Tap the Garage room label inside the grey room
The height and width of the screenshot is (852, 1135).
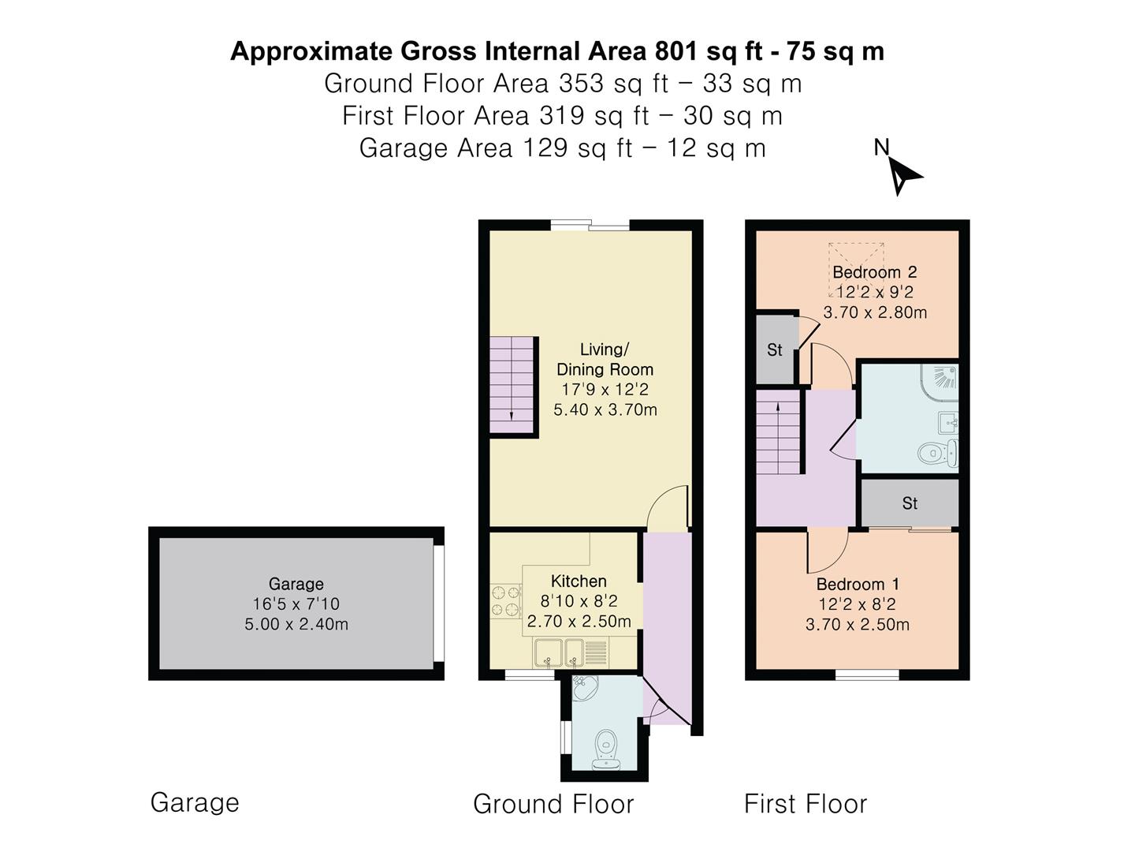[296, 584]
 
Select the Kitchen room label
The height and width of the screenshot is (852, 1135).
[579, 581]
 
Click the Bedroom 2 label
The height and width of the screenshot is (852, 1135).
[874, 272]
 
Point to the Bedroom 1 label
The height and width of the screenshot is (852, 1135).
[858, 585]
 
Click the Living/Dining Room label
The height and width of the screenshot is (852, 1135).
[605, 359]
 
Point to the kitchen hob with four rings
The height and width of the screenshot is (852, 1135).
[505, 600]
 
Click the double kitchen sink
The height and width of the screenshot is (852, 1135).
[560, 652]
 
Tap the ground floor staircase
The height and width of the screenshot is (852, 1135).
[512, 386]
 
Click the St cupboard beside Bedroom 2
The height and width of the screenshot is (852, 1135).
[775, 349]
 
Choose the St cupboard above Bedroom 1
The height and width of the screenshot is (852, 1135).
[910, 503]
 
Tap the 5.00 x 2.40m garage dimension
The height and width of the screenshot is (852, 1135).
[296, 625]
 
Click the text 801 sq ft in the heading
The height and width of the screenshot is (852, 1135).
[709, 51]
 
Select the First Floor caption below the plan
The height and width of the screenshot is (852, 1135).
[805, 804]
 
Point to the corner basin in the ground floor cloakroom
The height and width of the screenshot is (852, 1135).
[583, 689]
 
